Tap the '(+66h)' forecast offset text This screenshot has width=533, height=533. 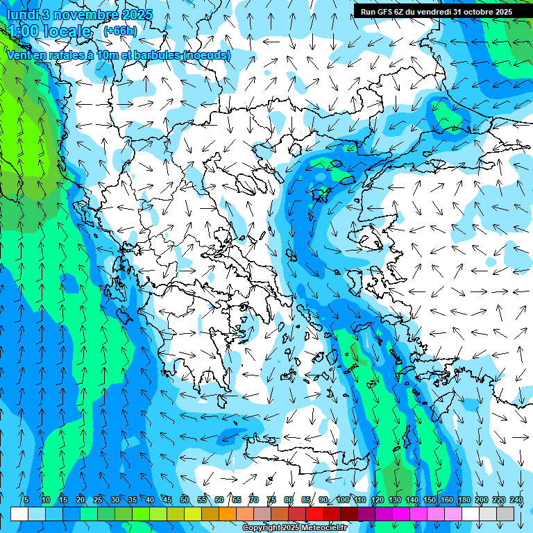point(119,31)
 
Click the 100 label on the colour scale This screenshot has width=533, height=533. point(343,500)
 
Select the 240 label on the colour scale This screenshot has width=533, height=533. point(516,500)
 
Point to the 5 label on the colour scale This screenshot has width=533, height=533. point(26,500)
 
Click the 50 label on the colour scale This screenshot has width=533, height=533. point(185,500)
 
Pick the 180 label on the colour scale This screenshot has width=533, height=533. point(463,500)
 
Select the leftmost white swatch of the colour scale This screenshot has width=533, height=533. point(19,514)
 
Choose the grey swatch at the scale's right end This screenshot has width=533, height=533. point(505,514)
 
